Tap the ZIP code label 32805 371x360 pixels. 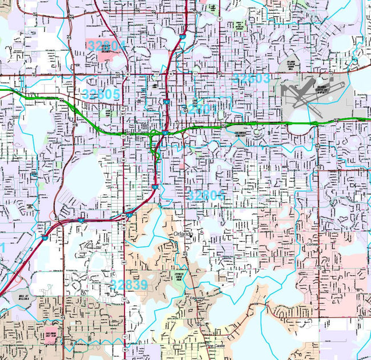pyautogui.click(x=101, y=94)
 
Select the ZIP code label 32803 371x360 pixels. pyautogui.click(x=251, y=79)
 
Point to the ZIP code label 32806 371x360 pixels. pyautogui.click(x=206, y=195)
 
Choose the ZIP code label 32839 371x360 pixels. pyautogui.click(x=129, y=285)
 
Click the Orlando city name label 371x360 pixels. pyautogui.click(x=184, y=234)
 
